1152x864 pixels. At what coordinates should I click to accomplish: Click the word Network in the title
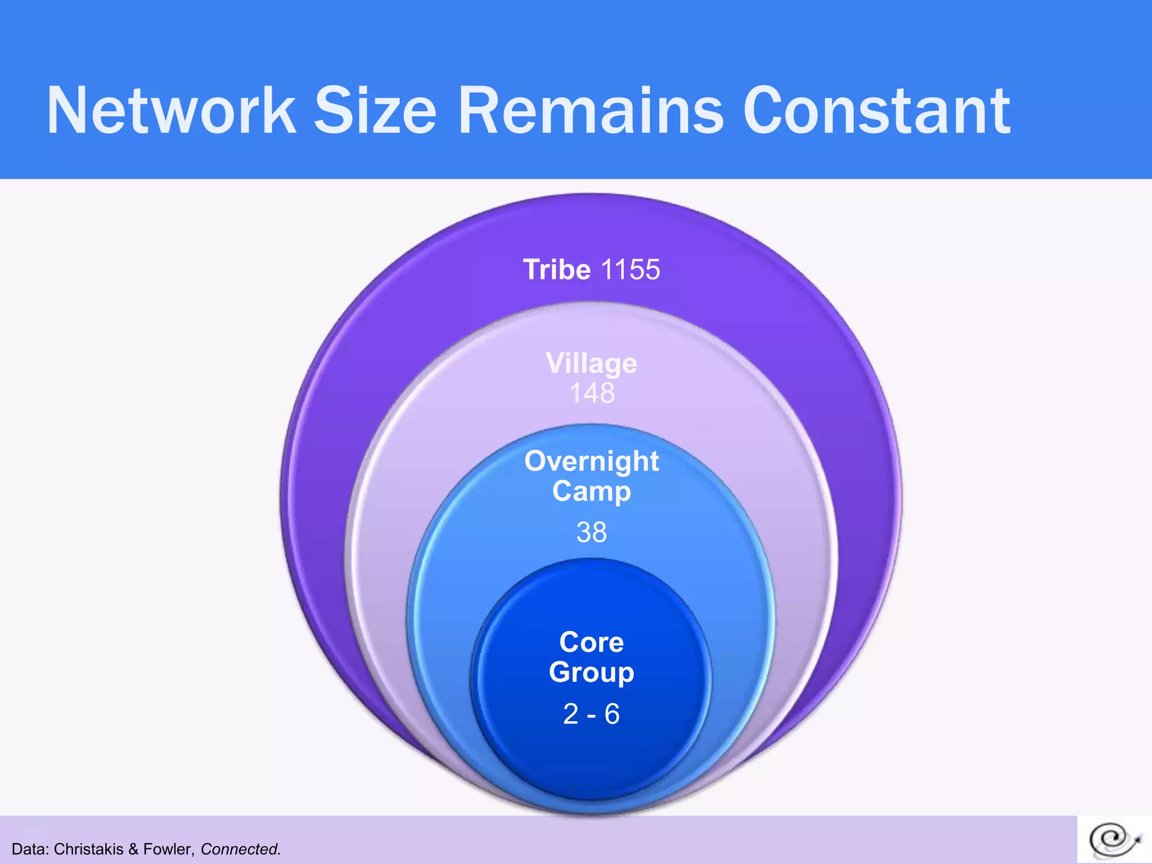coord(171,111)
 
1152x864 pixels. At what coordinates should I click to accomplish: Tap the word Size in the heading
coord(375,111)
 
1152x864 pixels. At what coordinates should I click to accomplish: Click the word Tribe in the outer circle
coord(557,269)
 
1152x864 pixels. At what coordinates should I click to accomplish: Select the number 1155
coord(630,269)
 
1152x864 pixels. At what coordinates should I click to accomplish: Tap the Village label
coord(591,363)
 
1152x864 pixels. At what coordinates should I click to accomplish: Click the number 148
coord(592,393)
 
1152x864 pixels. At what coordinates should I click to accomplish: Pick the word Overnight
coord(591,462)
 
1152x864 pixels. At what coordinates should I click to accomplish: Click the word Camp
coord(591,491)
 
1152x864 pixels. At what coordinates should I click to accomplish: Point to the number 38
coord(591,532)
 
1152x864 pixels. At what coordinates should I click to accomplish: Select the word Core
coord(591,642)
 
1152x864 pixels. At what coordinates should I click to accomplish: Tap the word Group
coord(591,672)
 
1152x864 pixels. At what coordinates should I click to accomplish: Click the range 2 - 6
coord(591,714)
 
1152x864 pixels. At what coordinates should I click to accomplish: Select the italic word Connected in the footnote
coord(240,849)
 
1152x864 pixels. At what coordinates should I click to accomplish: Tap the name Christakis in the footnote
coord(88,849)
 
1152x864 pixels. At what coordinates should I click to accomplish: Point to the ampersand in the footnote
coord(133,849)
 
